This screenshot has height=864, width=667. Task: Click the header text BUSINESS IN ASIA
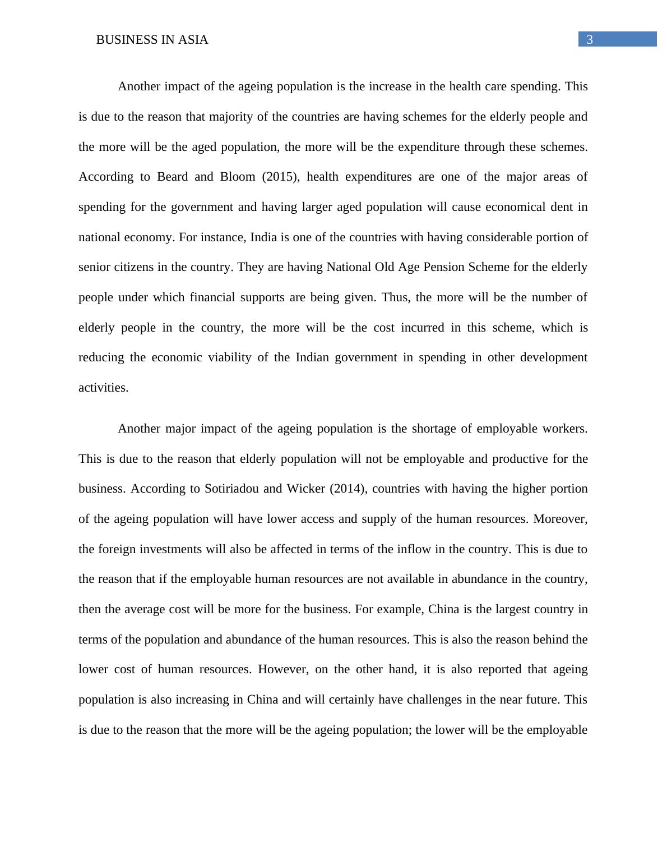pyautogui.click(x=152, y=40)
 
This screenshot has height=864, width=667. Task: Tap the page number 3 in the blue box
pyautogui.click(x=589, y=40)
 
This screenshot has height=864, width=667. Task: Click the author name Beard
pyautogui.click(x=172, y=177)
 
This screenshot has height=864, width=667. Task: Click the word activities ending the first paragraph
pyautogui.click(x=103, y=388)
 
